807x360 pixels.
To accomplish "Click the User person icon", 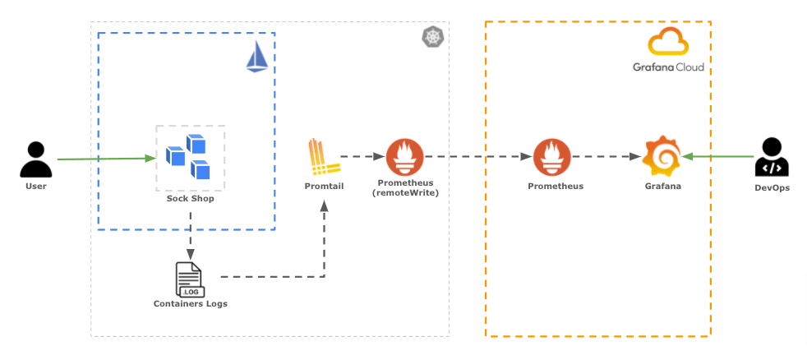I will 35,159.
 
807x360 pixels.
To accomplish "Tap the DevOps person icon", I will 772,157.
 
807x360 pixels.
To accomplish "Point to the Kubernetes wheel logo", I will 432,37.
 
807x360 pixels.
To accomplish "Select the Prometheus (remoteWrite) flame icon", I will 404,157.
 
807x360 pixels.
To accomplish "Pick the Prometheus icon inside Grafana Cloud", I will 551,157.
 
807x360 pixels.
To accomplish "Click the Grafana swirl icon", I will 662,157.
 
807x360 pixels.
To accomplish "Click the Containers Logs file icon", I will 189,279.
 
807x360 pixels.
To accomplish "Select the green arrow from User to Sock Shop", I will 107,158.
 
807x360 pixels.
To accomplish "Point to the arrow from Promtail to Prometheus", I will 362,156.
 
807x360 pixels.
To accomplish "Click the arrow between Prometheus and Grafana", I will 606,156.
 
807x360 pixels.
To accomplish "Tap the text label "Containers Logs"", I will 191,304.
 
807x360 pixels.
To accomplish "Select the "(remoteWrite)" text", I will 404,192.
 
